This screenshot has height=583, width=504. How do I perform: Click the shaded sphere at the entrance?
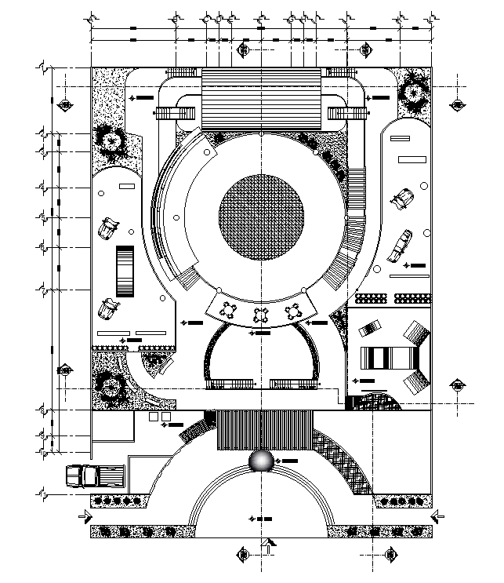click(261, 462)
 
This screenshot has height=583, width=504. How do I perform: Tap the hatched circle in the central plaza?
click(261, 219)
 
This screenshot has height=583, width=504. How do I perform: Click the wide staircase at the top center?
click(262, 100)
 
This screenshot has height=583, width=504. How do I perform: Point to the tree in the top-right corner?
click(412, 93)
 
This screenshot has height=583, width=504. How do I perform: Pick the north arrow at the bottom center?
click(270, 545)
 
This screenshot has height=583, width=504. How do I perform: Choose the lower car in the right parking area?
click(401, 243)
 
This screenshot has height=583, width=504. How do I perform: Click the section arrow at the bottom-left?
click(81, 516)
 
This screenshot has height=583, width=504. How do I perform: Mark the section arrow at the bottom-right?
click(437, 516)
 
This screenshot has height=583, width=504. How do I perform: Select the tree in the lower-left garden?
click(107, 385)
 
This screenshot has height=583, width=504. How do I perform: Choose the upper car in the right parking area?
click(404, 196)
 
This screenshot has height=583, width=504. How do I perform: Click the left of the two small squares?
click(154, 417)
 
